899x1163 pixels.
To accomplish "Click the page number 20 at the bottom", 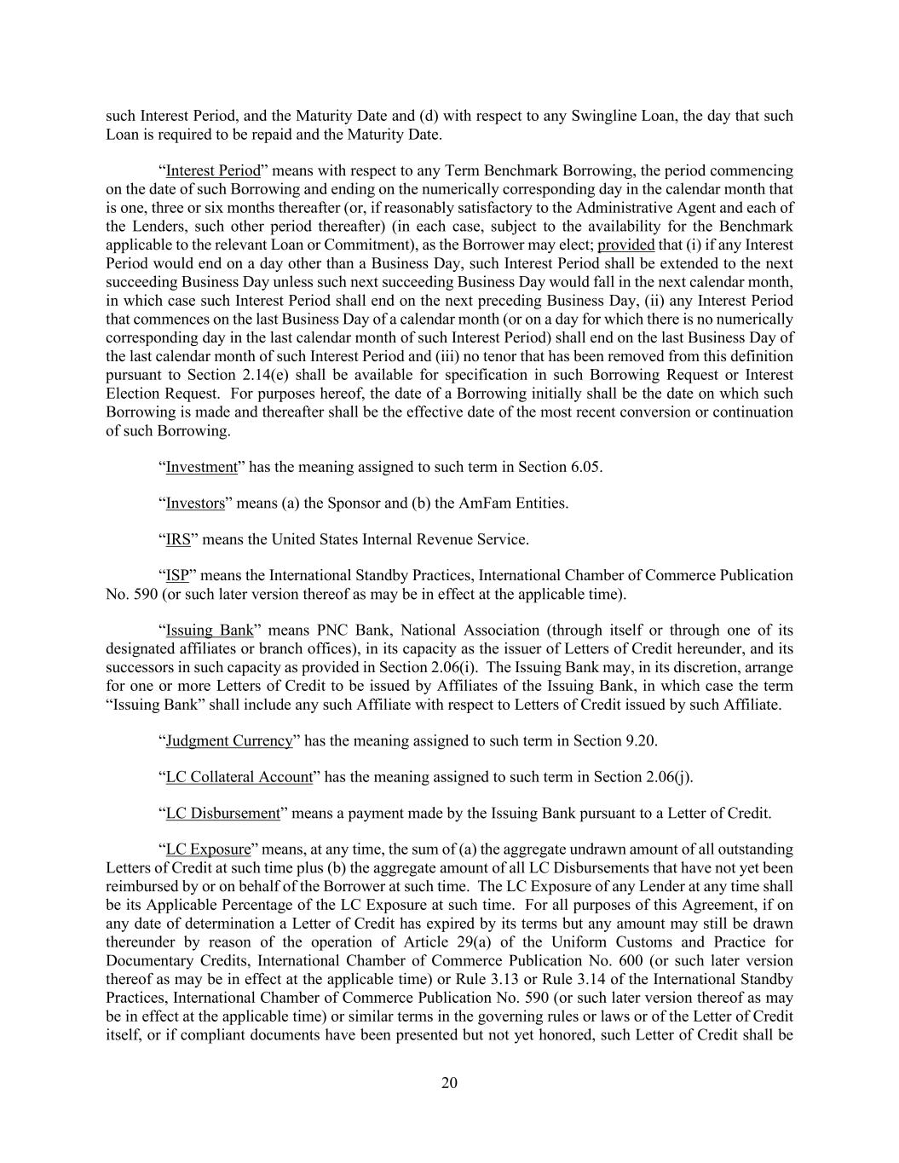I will coord(449,1083).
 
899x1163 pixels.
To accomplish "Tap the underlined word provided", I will coord(626,245).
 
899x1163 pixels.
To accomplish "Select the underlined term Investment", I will coord(201,467).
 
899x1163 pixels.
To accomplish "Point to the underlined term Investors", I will coord(195,504).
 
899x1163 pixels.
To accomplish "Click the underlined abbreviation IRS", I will coord(178,539).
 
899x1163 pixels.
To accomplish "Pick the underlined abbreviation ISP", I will coord(177,576).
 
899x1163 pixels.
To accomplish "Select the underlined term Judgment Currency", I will coord(229,740).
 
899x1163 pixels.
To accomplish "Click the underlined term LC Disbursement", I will coord(222,814).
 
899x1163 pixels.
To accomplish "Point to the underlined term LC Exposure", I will coord(208,849).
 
